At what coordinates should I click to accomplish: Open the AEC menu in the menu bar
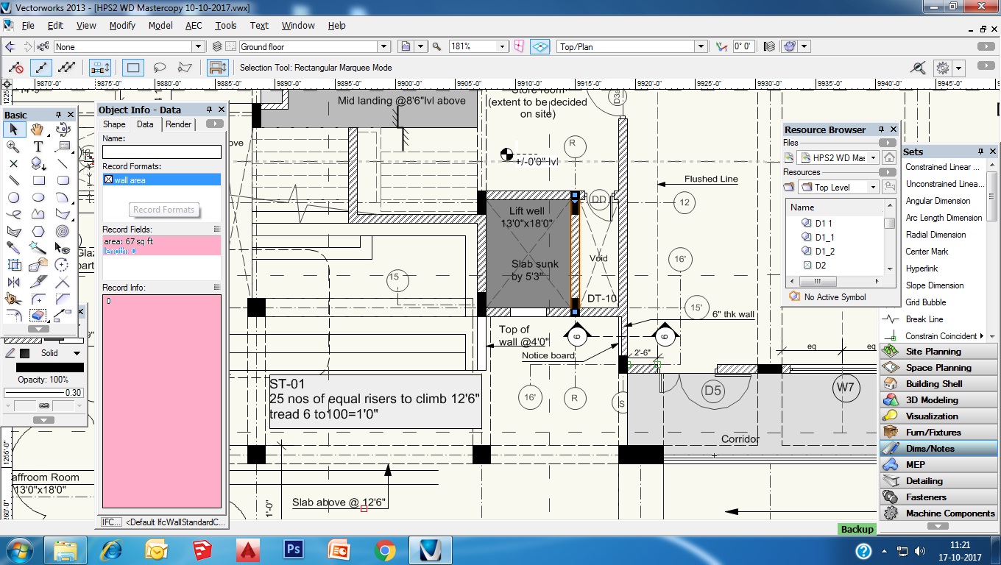[x=194, y=25]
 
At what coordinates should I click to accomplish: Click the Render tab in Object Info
[x=178, y=124]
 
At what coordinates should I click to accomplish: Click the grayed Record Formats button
[x=163, y=210]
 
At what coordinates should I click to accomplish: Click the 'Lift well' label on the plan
[x=526, y=211]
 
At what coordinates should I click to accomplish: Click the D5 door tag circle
[x=712, y=391]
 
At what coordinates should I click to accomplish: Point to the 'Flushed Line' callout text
[x=710, y=179]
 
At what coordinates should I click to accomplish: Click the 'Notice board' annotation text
[x=548, y=355]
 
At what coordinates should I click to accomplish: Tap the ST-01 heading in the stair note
[x=287, y=384]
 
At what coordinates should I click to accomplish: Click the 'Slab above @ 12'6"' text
[x=339, y=502]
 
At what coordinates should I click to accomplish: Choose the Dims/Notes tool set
[x=930, y=448]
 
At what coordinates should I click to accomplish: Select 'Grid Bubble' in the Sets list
[x=926, y=302]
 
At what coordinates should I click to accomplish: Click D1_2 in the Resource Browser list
[x=824, y=251]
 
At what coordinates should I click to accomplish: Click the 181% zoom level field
[x=477, y=46]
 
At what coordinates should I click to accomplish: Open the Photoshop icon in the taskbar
[x=293, y=550]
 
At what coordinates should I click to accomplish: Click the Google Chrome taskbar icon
[x=384, y=550]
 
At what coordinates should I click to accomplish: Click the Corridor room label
[x=740, y=439]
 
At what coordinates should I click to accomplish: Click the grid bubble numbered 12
[x=685, y=202]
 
